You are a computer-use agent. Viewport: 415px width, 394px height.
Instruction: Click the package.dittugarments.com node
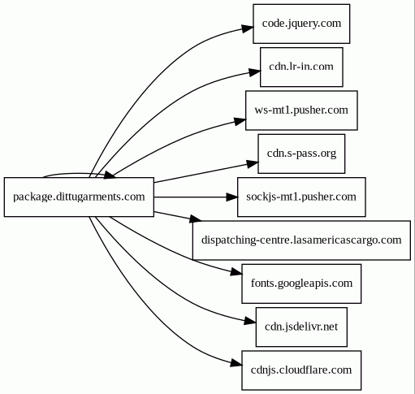click(79, 197)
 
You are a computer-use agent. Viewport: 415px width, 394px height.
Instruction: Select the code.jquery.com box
click(301, 24)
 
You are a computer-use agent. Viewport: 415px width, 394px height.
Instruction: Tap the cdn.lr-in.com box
click(301, 67)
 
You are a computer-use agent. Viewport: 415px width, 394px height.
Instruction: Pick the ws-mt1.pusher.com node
click(301, 110)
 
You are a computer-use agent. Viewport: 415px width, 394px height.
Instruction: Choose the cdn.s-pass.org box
click(301, 154)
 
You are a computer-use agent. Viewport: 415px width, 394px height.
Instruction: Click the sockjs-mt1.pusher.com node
click(301, 197)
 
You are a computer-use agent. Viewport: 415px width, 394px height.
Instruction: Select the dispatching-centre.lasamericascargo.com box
click(301, 240)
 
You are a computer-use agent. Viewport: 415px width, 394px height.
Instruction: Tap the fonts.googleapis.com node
click(301, 284)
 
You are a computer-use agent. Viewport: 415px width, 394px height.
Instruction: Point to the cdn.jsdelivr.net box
click(301, 327)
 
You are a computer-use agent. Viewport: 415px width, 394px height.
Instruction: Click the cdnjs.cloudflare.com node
click(301, 370)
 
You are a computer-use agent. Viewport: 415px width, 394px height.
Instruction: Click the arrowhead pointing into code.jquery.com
click(248, 28)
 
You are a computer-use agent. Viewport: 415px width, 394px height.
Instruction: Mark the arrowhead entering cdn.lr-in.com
click(255, 72)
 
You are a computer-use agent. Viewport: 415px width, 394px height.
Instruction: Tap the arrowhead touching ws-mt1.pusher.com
click(240, 121)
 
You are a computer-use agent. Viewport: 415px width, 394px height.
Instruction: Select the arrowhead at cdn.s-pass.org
click(253, 164)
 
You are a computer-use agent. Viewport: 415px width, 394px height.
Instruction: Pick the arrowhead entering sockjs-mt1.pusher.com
click(232, 197)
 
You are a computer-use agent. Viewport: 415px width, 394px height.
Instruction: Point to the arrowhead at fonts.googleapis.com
click(236, 272)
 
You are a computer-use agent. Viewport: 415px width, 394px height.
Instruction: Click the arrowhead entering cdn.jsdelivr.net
click(250, 321)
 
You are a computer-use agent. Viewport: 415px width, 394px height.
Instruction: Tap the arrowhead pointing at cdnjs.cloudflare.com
click(236, 364)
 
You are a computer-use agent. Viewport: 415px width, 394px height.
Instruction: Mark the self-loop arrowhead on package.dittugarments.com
click(110, 175)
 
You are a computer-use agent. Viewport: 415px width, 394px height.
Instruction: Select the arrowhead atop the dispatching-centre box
click(196, 219)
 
